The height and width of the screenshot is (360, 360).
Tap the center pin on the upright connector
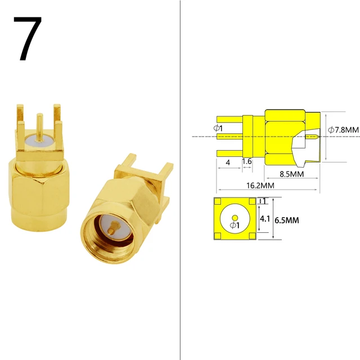[x=39, y=127]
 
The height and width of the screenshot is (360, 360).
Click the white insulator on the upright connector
[x=39, y=147]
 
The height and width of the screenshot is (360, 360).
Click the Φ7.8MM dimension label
[x=343, y=129]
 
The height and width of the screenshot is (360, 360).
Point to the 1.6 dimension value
[x=246, y=161]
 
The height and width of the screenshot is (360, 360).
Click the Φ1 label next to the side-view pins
[x=218, y=129]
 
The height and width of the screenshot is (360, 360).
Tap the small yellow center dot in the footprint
[x=235, y=218]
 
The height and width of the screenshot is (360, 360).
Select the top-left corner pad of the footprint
[x=218, y=201]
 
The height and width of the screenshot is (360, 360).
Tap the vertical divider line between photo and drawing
[x=179, y=180]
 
